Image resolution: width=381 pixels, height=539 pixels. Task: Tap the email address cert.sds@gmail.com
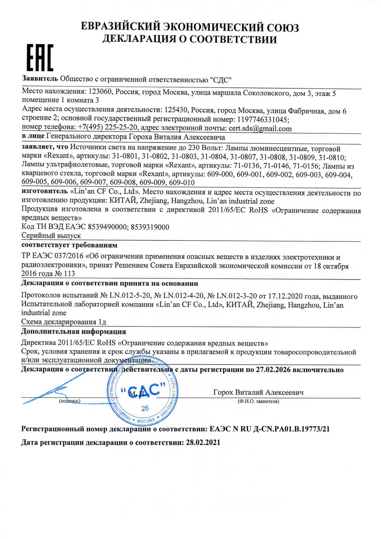click(260, 128)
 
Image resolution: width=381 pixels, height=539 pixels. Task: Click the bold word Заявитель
click(40, 79)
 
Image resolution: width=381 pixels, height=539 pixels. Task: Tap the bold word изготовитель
click(45, 191)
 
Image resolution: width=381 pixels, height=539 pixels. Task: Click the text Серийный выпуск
click(51, 236)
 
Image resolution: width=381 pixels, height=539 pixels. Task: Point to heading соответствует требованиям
click(69, 245)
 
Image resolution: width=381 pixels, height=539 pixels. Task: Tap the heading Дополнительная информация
click(73, 331)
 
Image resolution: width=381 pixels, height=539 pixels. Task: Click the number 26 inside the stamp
click(145, 408)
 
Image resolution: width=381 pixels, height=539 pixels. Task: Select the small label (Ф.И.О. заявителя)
click(258, 401)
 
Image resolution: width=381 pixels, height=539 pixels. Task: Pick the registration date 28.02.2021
click(203, 443)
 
